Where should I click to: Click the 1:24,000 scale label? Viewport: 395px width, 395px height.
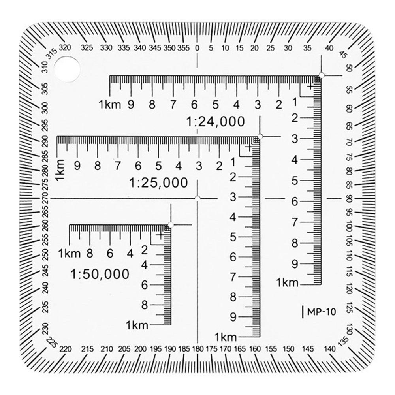[216, 122]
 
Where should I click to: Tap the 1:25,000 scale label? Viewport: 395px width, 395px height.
[158, 183]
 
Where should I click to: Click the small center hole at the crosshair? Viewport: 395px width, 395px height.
[197, 197]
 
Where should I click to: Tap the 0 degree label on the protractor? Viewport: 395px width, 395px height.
[197, 48]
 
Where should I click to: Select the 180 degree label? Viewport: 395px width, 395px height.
[197, 349]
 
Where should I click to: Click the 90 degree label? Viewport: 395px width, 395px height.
[349, 197]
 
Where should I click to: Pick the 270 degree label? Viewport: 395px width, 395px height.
[46, 197]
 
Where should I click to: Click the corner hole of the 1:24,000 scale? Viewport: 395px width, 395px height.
[322, 75]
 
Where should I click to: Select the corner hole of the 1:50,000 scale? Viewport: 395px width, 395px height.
[171, 225]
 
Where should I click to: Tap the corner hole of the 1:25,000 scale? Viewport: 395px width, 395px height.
[260, 136]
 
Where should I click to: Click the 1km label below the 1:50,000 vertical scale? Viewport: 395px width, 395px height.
[137, 325]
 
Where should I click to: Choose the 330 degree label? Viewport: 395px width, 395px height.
[106, 48]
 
